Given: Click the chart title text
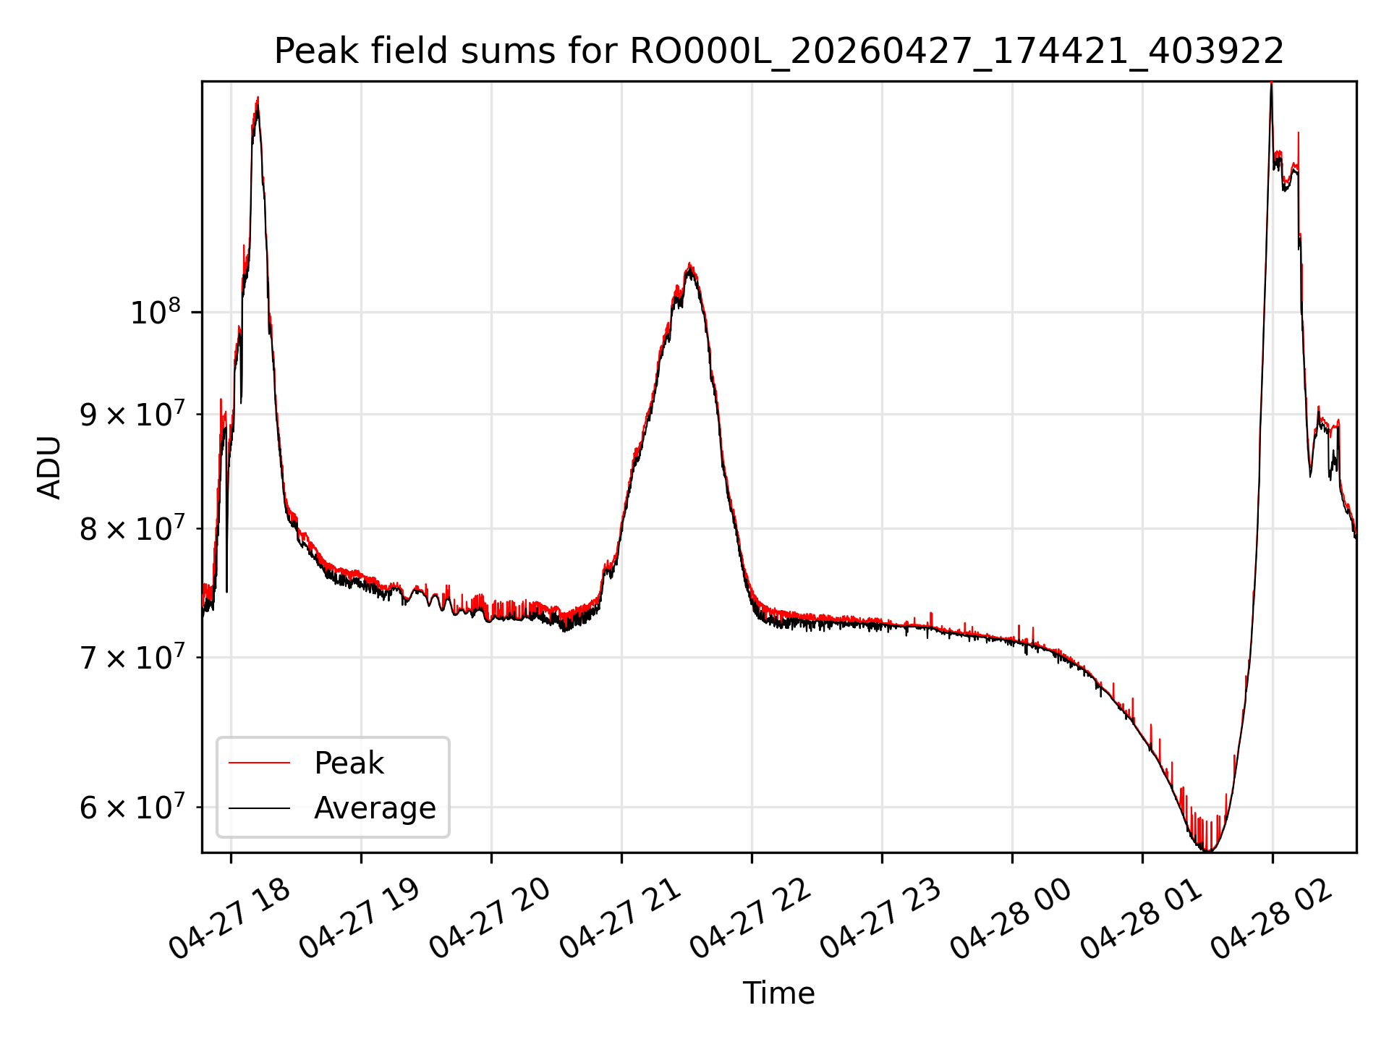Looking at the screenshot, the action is pos(779,51).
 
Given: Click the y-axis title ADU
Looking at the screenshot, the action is pos(49,467).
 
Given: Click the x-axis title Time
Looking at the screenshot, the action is pos(778,994).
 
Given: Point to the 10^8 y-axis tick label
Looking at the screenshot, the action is pos(155,313).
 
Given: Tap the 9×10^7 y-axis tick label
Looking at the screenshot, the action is pos(132,415).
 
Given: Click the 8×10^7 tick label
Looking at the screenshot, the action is pos(132,529).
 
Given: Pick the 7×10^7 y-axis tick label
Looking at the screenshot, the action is pos(132,658).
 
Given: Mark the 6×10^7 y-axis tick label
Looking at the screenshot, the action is pos(132,808).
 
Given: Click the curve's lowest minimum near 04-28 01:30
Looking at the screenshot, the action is pos(1207,850).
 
